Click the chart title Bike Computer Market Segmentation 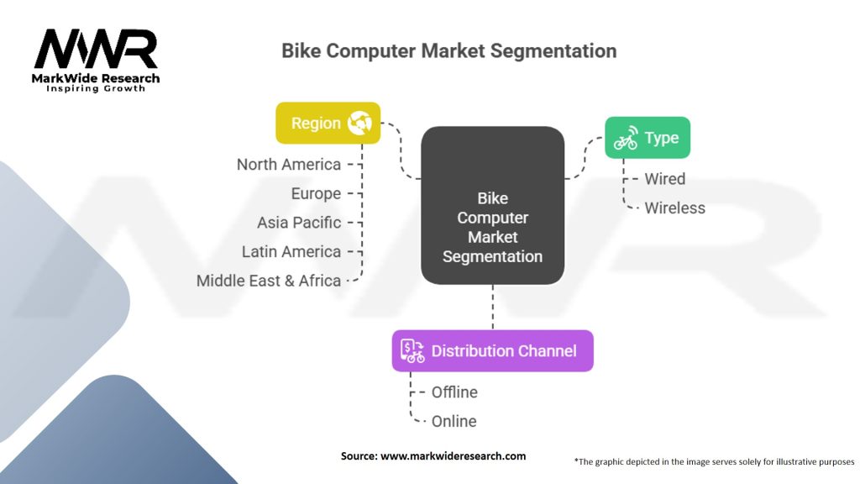[448, 50]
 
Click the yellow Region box [328, 123]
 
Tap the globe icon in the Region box [359, 123]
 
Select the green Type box [648, 138]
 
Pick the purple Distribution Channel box [492, 350]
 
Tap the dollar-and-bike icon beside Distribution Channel [412, 350]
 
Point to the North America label [289, 165]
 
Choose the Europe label [316, 193]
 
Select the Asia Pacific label [299, 223]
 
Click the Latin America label [291, 251]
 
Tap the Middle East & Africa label [269, 281]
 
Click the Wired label [664, 179]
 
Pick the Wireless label [674, 208]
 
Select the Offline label [454, 392]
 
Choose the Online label [454, 421]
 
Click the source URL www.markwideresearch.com [453, 456]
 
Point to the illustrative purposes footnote [714, 461]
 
